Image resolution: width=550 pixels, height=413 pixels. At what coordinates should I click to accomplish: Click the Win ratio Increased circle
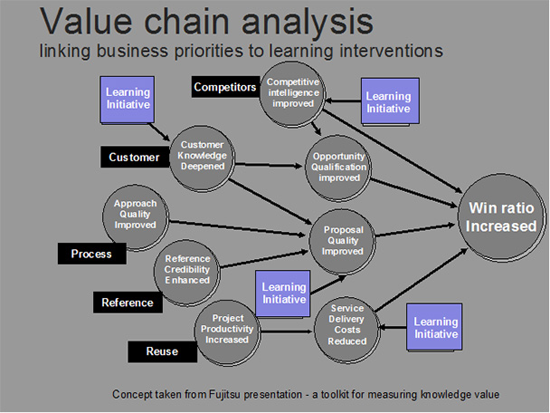pos(501,218)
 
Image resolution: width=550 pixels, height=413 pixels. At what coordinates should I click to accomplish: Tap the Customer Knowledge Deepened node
pos(203,156)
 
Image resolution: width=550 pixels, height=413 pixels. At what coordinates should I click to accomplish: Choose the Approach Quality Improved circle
pos(136,215)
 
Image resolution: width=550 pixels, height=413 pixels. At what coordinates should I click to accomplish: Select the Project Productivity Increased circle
pos(228,329)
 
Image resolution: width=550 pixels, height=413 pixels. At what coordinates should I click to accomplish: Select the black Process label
pos(91,254)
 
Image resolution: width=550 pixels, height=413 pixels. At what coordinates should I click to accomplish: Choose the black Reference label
pos(128,302)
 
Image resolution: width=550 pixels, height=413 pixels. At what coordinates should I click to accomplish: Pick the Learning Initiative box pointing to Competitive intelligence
pos(387,101)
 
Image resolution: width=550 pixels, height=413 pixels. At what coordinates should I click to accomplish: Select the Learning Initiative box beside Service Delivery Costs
pos(436,328)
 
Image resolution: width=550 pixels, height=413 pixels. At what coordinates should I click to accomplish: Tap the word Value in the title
pos(96,22)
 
